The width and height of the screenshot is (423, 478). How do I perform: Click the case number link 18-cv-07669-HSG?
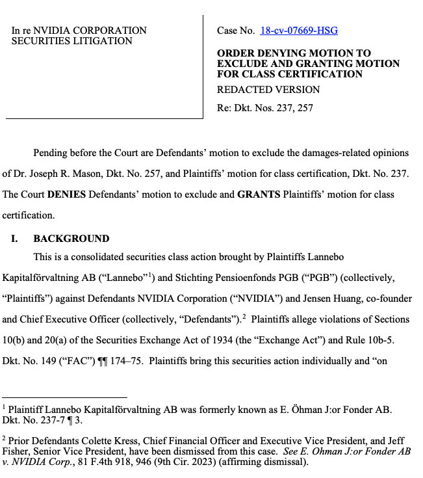click(299, 31)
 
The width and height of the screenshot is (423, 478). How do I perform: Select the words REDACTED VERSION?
click(268, 90)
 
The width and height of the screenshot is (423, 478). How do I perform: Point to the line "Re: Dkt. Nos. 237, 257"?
click(264, 108)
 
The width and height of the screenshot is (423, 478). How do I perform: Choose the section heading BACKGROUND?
click(71, 239)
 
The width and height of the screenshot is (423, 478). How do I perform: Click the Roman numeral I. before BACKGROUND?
click(14, 239)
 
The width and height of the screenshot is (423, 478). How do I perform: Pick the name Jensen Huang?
click(328, 299)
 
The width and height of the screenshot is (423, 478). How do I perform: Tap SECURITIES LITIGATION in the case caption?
click(72, 41)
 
